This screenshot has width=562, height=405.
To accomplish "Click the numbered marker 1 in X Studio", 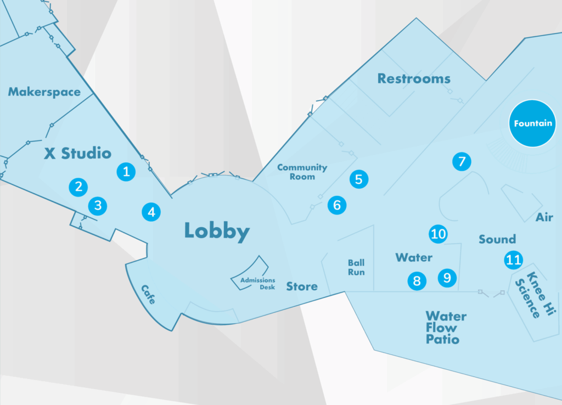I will (x=126, y=171).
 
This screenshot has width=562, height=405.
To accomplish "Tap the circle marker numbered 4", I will (x=151, y=212).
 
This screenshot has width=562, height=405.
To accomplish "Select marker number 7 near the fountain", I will (x=462, y=161).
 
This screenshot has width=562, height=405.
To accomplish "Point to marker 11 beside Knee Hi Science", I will (x=514, y=260).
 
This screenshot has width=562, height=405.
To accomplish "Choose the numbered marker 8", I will (x=417, y=281).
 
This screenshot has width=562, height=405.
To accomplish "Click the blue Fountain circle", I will (x=532, y=123).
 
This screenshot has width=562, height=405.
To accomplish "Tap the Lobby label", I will (x=217, y=231).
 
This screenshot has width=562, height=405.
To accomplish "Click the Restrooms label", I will (x=414, y=79).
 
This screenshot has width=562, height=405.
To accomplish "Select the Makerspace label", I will (x=44, y=92).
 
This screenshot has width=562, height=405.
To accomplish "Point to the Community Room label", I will (x=302, y=172).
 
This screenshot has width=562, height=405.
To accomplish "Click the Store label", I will (x=302, y=286).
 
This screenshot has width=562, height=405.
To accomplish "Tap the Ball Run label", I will (x=356, y=267).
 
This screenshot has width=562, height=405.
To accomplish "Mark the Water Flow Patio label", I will (x=446, y=328).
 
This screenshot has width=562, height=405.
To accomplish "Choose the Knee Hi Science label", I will (x=530, y=295).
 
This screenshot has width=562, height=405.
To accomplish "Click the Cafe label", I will (x=148, y=295).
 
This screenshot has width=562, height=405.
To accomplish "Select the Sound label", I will (x=497, y=239).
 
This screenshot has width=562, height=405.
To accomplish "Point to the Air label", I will (x=544, y=218).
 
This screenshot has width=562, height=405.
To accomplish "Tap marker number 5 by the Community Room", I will (x=358, y=179).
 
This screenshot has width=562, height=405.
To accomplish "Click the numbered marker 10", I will (x=438, y=234).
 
